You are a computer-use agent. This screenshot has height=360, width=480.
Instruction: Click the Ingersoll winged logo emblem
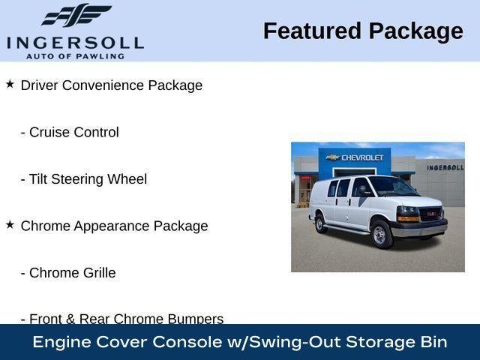click(76, 15)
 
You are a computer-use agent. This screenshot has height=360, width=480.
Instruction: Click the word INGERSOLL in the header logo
click(75, 42)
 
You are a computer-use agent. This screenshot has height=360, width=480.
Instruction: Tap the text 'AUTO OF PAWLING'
click(75, 55)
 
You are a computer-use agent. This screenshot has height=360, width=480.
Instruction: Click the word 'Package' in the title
click(416, 31)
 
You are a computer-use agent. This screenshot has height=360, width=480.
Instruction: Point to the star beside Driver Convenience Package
click(10, 84)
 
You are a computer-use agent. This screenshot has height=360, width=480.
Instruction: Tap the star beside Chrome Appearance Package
click(10, 224)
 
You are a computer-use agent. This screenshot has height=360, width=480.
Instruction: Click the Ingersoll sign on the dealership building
click(445, 167)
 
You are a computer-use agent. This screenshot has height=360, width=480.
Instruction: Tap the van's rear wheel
click(321, 223)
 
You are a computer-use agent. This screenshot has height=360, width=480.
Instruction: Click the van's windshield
click(392, 186)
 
